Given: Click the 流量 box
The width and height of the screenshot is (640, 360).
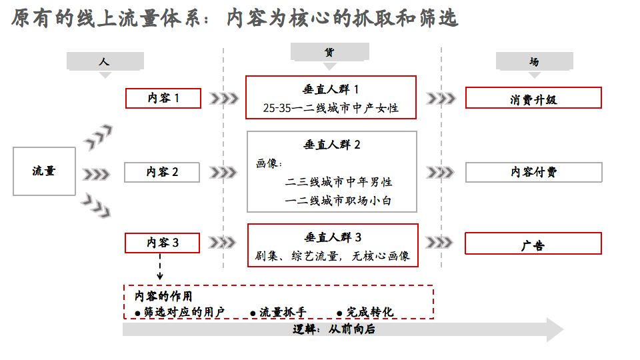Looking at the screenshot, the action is [44, 171].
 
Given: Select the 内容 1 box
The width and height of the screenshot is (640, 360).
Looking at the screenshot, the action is [163, 99].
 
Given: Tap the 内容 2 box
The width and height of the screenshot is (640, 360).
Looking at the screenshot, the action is [162, 172].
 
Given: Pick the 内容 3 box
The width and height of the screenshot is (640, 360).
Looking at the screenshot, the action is [162, 243].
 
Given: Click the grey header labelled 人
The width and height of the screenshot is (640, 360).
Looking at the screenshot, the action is [105, 61].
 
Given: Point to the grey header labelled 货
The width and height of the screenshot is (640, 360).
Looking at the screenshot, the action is [330, 52].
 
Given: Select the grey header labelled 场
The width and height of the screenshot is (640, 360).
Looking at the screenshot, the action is [534, 61].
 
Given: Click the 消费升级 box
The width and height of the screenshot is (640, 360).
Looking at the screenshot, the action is [533, 98].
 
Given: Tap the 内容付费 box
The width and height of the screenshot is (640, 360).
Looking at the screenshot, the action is [533, 172].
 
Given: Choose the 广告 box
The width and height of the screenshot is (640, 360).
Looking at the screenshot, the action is [533, 243].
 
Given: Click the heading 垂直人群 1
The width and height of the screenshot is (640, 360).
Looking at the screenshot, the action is [331, 89].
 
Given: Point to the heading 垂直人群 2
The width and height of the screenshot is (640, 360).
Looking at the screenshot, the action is [332, 145].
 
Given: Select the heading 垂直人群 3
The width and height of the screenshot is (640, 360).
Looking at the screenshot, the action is [333, 237].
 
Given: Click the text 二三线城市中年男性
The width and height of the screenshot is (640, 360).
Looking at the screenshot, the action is [339, 181].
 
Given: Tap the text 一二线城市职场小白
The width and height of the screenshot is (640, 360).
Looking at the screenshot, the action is [338, 201].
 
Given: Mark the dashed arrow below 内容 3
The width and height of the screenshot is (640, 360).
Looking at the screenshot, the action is [160, 267].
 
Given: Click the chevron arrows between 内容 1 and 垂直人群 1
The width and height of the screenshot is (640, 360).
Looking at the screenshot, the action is [224, 99].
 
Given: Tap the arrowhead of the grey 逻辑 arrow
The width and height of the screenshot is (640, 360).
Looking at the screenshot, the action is [555, 330].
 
